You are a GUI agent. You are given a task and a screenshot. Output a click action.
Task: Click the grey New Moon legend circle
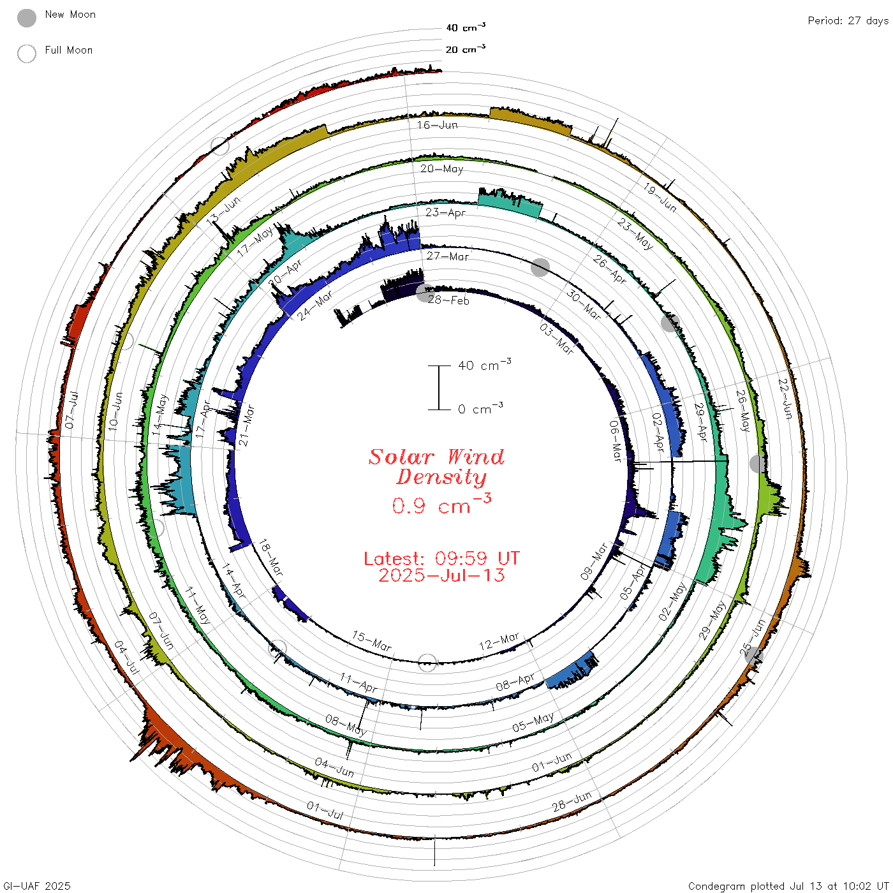[x=27, y=18]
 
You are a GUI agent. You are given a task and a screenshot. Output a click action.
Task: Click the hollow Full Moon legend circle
[x=27, y=54]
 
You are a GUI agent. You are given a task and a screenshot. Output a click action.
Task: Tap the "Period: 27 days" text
[x=848, y=21]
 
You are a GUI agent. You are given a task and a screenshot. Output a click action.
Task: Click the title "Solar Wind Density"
[x=436, y=467]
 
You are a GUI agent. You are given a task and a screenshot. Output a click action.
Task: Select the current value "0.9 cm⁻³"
[x=441, y=504]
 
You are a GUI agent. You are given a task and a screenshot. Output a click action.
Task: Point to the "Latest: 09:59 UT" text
[x=441, y=558]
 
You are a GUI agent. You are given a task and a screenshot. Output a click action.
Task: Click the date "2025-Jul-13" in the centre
[x=441, y=575]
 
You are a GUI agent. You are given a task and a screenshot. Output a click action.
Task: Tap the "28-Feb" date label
[x=448, y=300]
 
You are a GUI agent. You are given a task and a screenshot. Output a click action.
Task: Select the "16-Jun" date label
[x=437, y=125]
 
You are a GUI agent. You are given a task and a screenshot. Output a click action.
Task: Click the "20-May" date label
[x=441, y=168]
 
